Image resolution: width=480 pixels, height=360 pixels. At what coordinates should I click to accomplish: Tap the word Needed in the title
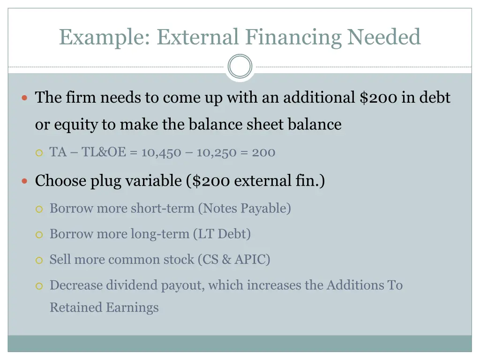tap(384, 37)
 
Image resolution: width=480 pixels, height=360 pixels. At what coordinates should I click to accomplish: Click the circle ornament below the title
tap(240, 67)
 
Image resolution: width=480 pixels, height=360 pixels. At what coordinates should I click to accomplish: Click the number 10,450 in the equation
tap(161, 152)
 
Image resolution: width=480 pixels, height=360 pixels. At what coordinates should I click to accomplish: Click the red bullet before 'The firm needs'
tap(25, 98)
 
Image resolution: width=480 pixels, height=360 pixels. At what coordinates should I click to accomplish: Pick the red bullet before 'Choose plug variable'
tap(25, 181)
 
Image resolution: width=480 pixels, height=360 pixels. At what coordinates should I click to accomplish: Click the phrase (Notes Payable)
tap(244, 208)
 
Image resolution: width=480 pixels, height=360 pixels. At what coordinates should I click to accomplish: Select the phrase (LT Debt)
tap(222, 233)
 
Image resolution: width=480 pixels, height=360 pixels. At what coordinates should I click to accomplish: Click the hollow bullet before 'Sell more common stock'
tap(40, 260)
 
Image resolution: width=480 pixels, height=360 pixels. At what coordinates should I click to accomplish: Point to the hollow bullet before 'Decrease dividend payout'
tap(40, 285)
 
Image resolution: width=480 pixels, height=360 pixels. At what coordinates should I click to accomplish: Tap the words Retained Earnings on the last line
tap(104, 307)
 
